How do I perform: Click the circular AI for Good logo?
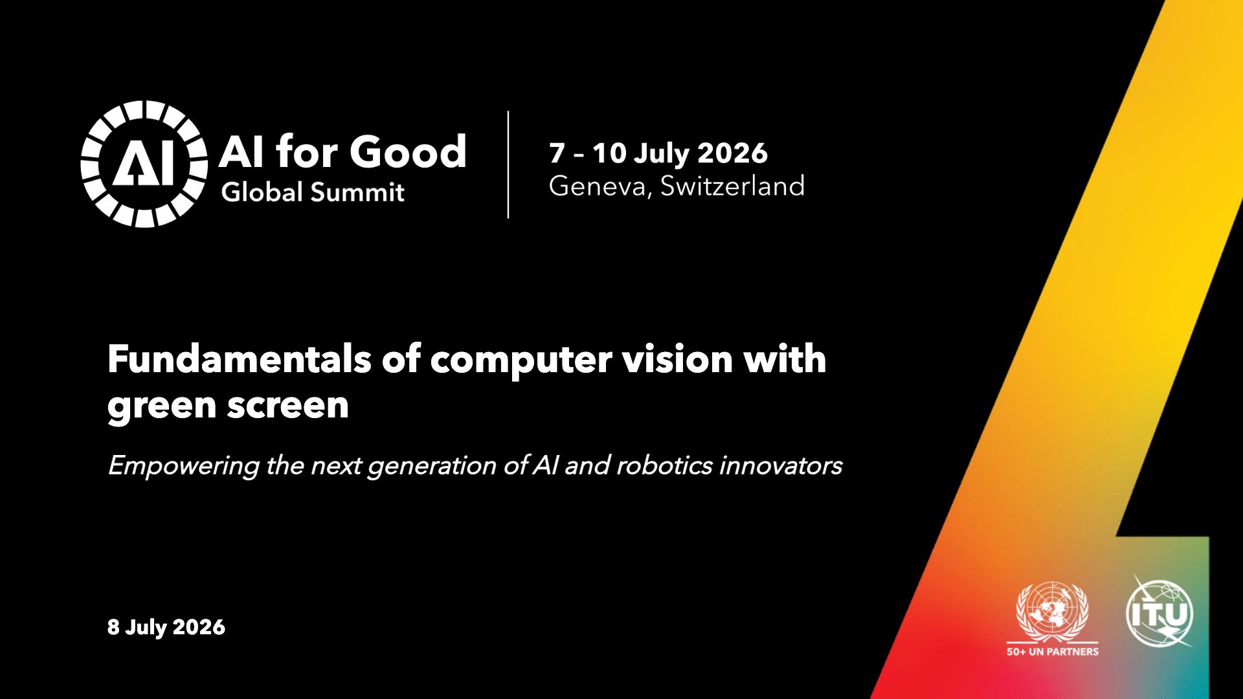pyautogui.click(x=144, y=164)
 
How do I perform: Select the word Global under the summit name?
pyautogui.click(x=262, y=192)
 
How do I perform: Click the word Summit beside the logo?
pyautogui.click(x=357, y=192)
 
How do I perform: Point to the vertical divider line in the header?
pyautogui.click(x=508, y=164)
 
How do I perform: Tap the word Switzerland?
pyautogui.click(x=732, y=186)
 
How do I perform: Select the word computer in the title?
pyautogui.click(x=521, y=360)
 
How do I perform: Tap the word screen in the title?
pyautogui.click(x=288, y=406)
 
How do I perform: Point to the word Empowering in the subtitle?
pyautogui.click(x=184, y=466)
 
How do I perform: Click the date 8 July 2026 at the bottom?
pyautogui.click(x=166, y=627)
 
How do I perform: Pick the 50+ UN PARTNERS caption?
pyautogui.click(x=1053, y=652)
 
